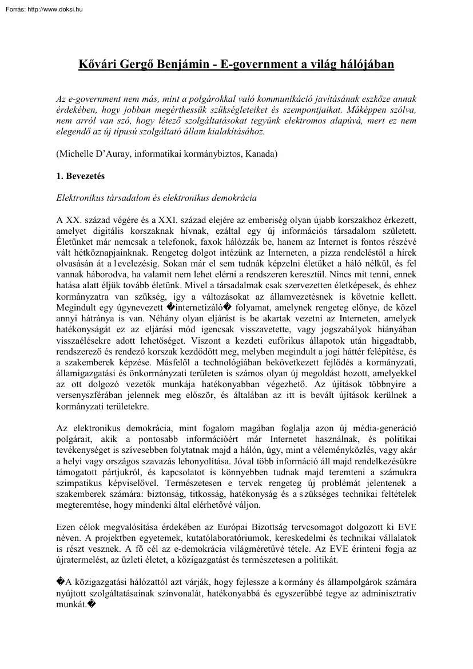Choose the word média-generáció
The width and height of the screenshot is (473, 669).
(x=383, y=429)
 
